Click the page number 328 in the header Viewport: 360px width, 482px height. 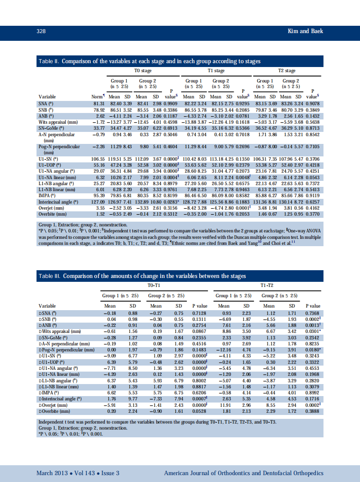41,31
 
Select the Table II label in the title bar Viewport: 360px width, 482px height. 49,61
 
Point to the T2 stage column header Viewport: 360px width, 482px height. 287,71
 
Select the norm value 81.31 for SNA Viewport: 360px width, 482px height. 99,104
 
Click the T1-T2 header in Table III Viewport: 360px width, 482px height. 268,285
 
